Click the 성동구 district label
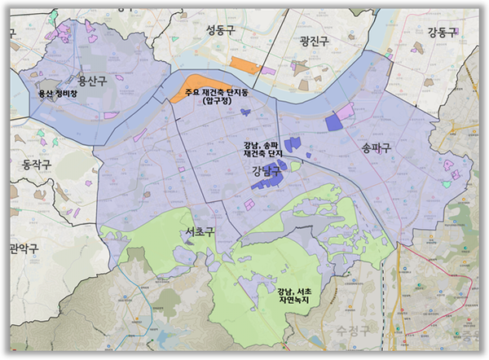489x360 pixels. click(220, 31)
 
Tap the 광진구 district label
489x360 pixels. click(313, 40)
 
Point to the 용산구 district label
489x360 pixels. click(93, 81)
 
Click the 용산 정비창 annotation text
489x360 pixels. click(58, 94)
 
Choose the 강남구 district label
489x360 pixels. click(267, 171)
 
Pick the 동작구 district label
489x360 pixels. click(32, 165)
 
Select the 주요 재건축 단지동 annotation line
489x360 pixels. click(217, 91)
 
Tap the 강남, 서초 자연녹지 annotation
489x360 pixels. click(295, 296)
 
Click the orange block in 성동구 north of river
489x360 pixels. click(244, 65)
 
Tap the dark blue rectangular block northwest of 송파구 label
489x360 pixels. click(333, 121)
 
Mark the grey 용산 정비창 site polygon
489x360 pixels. click(49, 84)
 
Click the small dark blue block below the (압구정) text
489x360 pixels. click(246, 112)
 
